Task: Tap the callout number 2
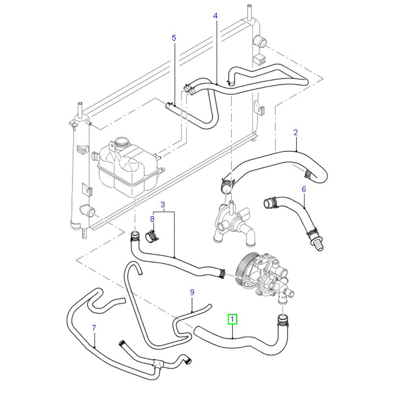click(295, 132)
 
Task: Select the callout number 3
click(163, 204)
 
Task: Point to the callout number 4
click(215, 16)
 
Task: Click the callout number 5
click(173, 37)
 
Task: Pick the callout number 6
click(304, 189)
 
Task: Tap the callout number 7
click(94, 327)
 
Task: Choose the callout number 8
click(152, 219)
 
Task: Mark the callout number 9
click(193, 292)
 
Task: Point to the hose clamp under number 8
click(153, 236)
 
